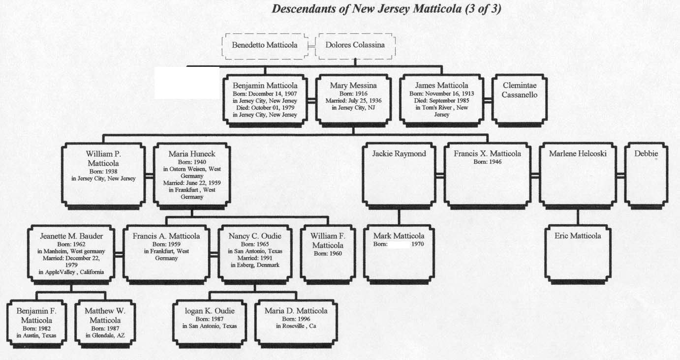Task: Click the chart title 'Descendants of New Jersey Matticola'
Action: [386, 9]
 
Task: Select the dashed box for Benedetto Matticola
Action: [265, 45]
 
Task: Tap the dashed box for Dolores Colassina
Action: [355, 45]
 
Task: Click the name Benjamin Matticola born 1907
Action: [265, 85]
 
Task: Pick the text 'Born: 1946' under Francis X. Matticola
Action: [488, 162]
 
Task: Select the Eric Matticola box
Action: [578, 253]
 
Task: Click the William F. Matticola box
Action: [328, 253]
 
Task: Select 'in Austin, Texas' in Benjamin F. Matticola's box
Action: [36, 336]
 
